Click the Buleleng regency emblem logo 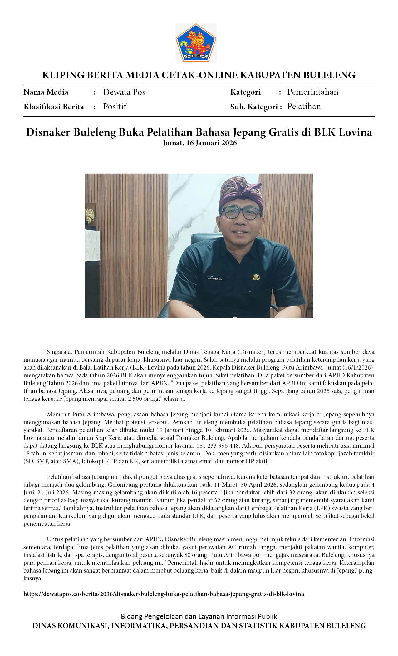(196, 42)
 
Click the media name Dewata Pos (124, 92)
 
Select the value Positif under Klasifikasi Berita (115, 107)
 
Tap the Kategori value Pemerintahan (312, 92)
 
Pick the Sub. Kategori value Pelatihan (304, 106)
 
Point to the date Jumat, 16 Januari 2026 (199, 143)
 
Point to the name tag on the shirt (215, 278)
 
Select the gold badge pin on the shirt (256, 276)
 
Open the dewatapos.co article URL (164, 594)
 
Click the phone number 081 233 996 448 (218, 445)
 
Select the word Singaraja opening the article (59, 352)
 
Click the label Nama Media (46, 92)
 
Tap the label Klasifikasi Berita (54, 107)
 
